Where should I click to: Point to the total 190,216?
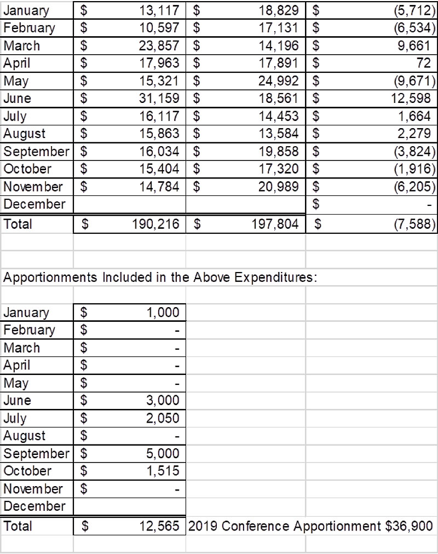(155, 224)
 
